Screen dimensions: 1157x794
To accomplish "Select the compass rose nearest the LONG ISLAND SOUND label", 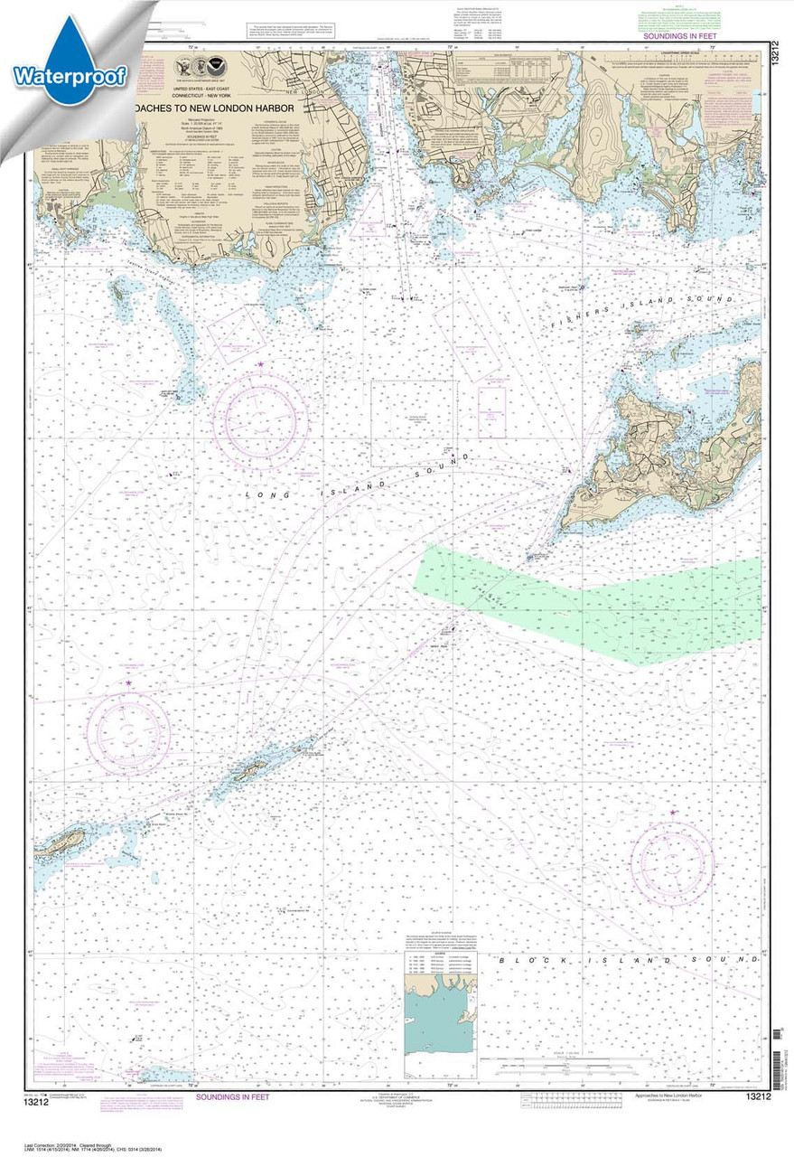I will [x=260, y=420].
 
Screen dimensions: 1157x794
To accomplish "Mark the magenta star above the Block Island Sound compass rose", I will [x=673, y=813].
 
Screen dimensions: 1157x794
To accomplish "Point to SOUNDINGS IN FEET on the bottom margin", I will [x=230, y=1096].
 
